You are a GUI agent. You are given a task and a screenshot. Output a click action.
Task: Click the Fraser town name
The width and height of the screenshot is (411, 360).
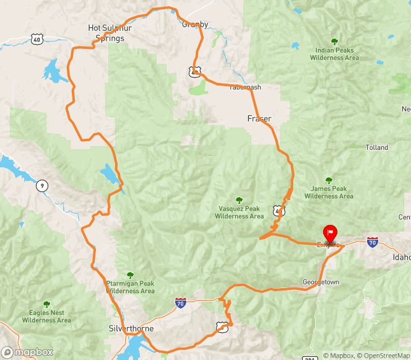259,118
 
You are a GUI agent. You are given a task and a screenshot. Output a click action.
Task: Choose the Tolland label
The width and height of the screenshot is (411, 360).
377,147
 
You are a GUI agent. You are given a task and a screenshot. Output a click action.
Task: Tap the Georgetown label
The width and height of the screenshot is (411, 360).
321,282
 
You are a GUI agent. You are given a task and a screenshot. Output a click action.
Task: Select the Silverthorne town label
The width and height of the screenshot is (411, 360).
130,328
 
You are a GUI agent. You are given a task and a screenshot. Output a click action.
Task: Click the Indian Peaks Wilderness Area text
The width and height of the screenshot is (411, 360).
334,54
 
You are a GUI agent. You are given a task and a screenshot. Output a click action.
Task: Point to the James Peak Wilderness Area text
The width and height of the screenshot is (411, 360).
329,193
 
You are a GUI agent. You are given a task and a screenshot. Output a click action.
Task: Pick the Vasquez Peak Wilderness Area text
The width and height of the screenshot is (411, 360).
238,213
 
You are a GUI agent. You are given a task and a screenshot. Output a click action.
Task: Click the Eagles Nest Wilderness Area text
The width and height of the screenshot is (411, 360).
46,317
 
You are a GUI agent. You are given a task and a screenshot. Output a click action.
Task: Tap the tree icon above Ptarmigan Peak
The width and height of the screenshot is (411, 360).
130,274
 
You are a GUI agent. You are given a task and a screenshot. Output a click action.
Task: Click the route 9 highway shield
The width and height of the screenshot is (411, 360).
42,185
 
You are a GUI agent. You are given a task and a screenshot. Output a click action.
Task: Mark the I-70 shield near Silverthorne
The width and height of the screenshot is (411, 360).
180,303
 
